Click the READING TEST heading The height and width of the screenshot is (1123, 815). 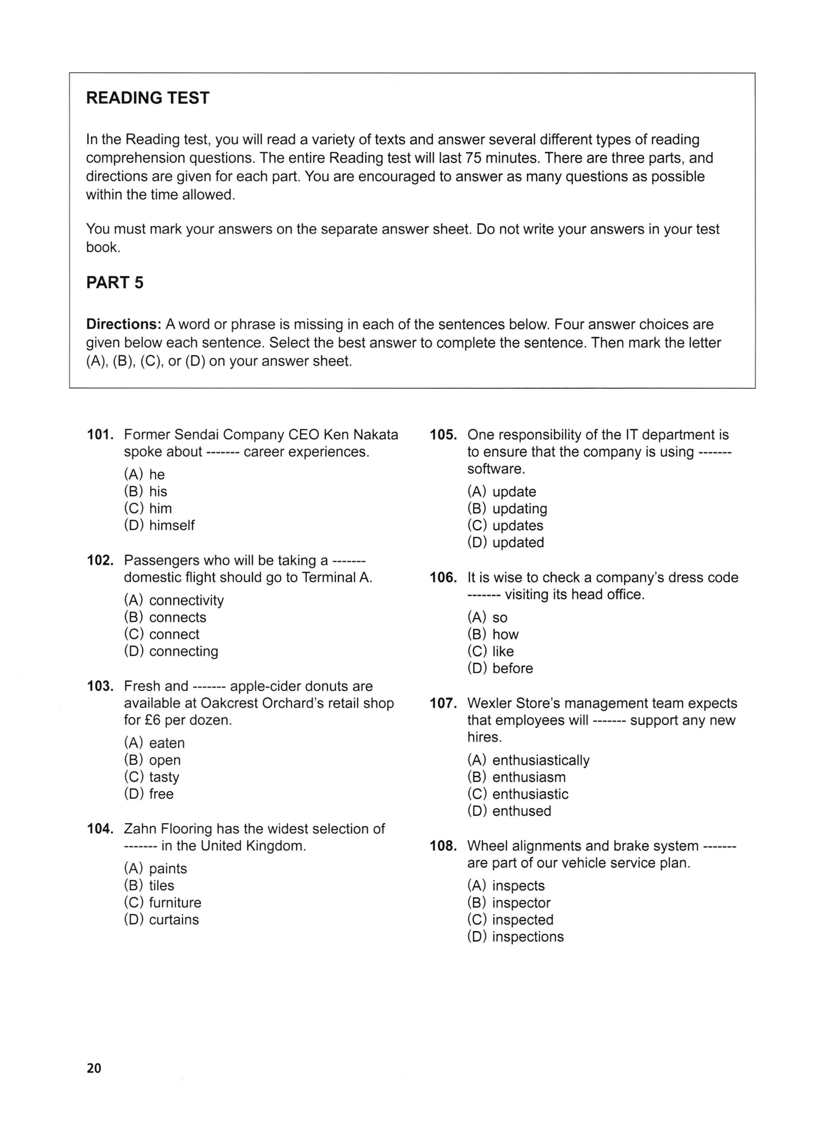147,98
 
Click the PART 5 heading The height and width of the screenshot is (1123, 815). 115,283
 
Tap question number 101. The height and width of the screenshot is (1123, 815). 100,435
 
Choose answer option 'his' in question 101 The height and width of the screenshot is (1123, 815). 157,492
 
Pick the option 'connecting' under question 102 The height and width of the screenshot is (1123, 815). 183,652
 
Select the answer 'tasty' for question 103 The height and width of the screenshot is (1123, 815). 164,777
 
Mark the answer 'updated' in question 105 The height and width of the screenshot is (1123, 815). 518,543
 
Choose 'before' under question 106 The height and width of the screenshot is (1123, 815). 512,669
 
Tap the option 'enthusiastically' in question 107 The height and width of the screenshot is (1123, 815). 541,761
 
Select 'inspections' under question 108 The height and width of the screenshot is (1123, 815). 528,937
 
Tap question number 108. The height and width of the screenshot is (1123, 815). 443,846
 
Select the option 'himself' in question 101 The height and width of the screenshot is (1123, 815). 172,526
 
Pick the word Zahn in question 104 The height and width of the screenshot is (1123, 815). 140,829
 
